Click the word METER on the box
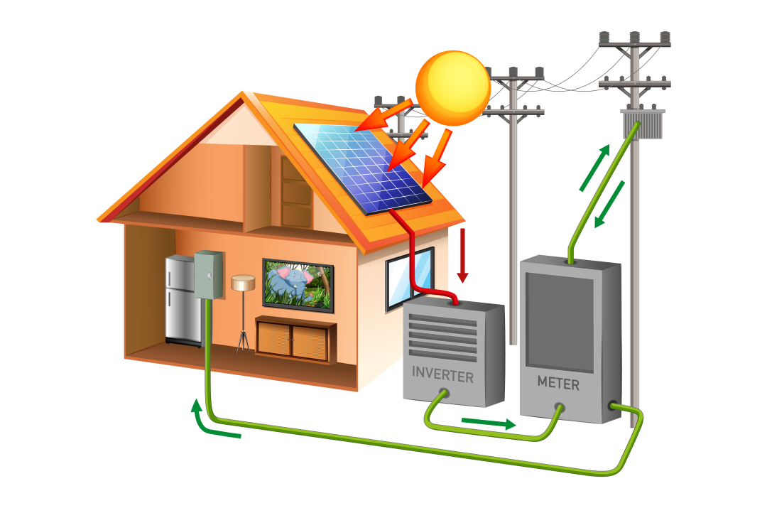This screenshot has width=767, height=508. [x=557, y=384]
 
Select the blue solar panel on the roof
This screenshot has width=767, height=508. [x=363, y=167]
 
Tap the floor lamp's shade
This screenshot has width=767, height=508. [x=243, y=283]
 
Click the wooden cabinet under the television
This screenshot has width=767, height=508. [x=295, y=339]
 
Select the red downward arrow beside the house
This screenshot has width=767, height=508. [x=463, y=256]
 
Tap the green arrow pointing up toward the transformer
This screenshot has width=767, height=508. [x=595, y=168]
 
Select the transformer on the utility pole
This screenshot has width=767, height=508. [x=642, y=125]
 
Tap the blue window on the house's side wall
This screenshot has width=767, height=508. [x=410, y=278]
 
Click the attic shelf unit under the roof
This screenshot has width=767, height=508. [x=296, y=192]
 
